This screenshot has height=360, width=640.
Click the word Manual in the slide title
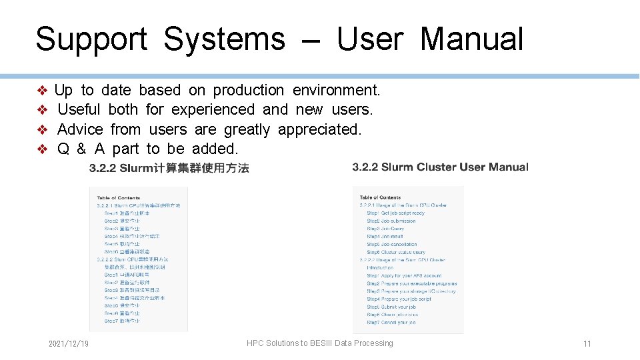click(x=472, y=39)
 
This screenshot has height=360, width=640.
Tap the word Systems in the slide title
click(x=224, y=39)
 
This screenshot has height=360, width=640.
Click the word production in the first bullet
click(x=249, y=90)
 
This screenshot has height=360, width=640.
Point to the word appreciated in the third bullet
click(x=319, y=129)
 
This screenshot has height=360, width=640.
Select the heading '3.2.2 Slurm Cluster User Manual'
click(x=440, y=167)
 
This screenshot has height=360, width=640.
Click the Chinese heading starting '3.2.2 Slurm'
click(x=169, y=168)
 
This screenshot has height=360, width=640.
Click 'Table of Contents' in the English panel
click(x=380, y=197)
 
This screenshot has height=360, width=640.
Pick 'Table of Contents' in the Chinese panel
click(x=119, y=197)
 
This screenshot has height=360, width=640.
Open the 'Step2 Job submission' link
click(x=391, y=221)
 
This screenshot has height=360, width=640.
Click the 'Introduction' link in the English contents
click(x=380, y=268)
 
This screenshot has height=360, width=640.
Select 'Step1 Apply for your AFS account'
click(x=404, y=275)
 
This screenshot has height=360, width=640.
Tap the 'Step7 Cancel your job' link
click(x=391, y=323)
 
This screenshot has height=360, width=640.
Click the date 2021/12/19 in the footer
click(x=69, y=343)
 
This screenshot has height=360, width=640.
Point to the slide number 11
click(x=587, y=344)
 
